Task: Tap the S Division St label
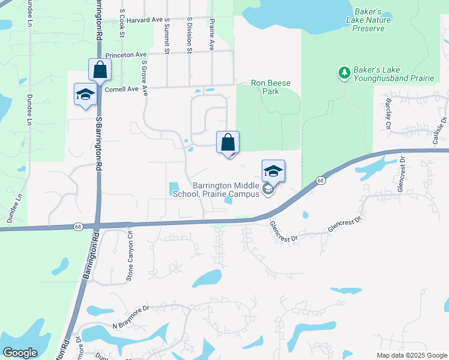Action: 188,35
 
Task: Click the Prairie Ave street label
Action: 211,33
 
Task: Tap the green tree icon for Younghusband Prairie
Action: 345,73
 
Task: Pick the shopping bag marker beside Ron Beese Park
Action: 228,143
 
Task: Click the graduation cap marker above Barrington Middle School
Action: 273,171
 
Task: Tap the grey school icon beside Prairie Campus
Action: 268,191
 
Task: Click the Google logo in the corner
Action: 20,353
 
